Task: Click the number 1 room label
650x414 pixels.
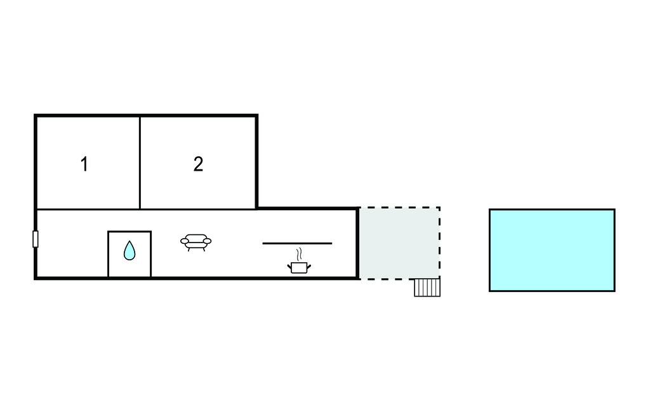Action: coord(84,164)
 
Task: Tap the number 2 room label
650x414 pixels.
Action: coord(198,164)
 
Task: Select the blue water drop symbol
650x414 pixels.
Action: coord(129,251)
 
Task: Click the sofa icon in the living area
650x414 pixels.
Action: coord(196,242)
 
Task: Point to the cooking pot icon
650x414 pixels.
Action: coord(299,267)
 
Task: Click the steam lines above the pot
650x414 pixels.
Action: coord(298,255)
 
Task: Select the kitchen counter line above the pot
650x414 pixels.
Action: coord(297,243)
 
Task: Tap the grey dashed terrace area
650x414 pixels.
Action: coord(399,243)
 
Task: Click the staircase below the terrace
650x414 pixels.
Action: coord(427,288)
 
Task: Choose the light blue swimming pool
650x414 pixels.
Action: coord(552,250)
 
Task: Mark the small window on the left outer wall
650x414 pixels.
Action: coord(36,239)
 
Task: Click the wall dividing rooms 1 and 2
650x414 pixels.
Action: coord(140,163)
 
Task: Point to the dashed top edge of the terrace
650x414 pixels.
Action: coord(399,208)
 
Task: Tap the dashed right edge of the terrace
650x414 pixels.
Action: coord(439,243)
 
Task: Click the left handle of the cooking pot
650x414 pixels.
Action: coord(290,266)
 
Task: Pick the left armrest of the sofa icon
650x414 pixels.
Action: coord(184,241)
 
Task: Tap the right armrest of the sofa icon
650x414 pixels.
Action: coord(208,241)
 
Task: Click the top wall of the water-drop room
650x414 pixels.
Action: coord(129,232)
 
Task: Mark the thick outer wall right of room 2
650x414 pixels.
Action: coord(256,163)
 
